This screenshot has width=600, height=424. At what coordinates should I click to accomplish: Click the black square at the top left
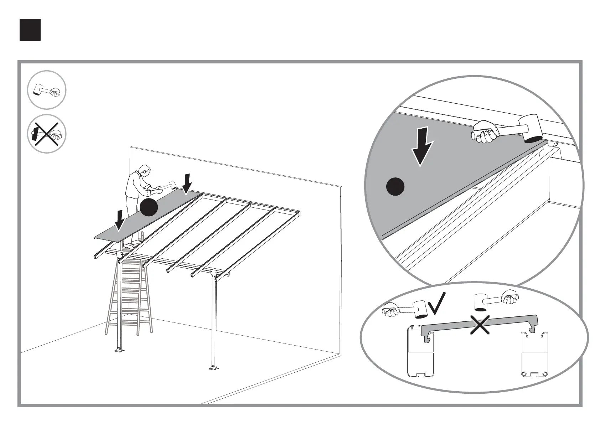[x=30, y=30]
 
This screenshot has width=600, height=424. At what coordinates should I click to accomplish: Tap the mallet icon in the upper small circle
[x=46, y=90]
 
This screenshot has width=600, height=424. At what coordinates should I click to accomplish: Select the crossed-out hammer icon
[x=46, y=134]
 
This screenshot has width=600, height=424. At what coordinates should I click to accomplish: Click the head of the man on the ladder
[x=144, y=170]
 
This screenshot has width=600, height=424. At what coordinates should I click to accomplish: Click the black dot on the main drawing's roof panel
[x=149, y=207]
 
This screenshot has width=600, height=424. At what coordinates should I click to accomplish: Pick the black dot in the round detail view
[x=395, y=187]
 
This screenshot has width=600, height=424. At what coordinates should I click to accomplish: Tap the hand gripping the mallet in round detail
[x=485, y=131]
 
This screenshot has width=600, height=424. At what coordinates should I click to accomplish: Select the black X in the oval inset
[x=480, y=325]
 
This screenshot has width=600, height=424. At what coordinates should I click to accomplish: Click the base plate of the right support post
[x=214, y=367]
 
